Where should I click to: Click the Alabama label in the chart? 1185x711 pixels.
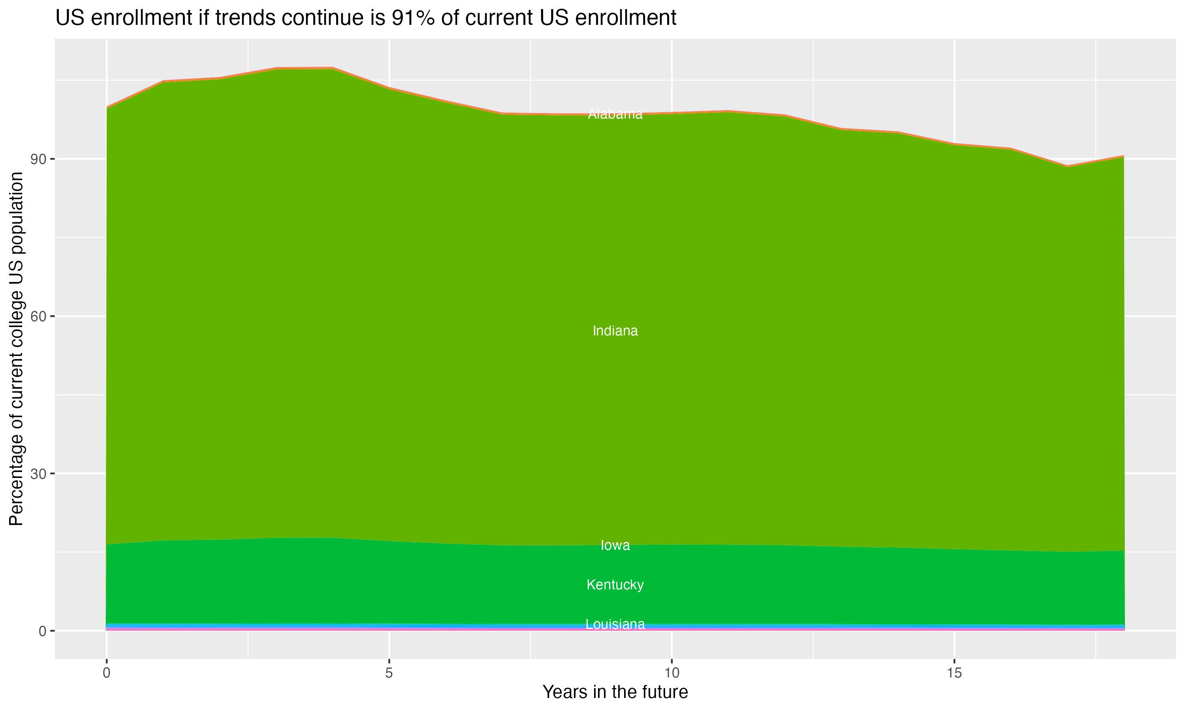615,114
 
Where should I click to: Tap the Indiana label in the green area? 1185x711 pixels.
615,331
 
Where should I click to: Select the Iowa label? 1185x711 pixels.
615,545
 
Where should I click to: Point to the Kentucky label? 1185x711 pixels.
615,585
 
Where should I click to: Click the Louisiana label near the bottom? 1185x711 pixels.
615,624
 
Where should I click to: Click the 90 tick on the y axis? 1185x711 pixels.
38,159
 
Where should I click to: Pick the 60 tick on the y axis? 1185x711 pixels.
38,316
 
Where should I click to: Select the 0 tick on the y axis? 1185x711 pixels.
42,631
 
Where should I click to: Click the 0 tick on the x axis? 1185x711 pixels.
106,673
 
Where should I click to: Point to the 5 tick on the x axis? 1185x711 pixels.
389,673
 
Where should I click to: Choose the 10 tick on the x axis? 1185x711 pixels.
671,673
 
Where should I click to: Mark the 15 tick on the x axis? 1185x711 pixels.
954,673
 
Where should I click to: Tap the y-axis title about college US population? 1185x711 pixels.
16,349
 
